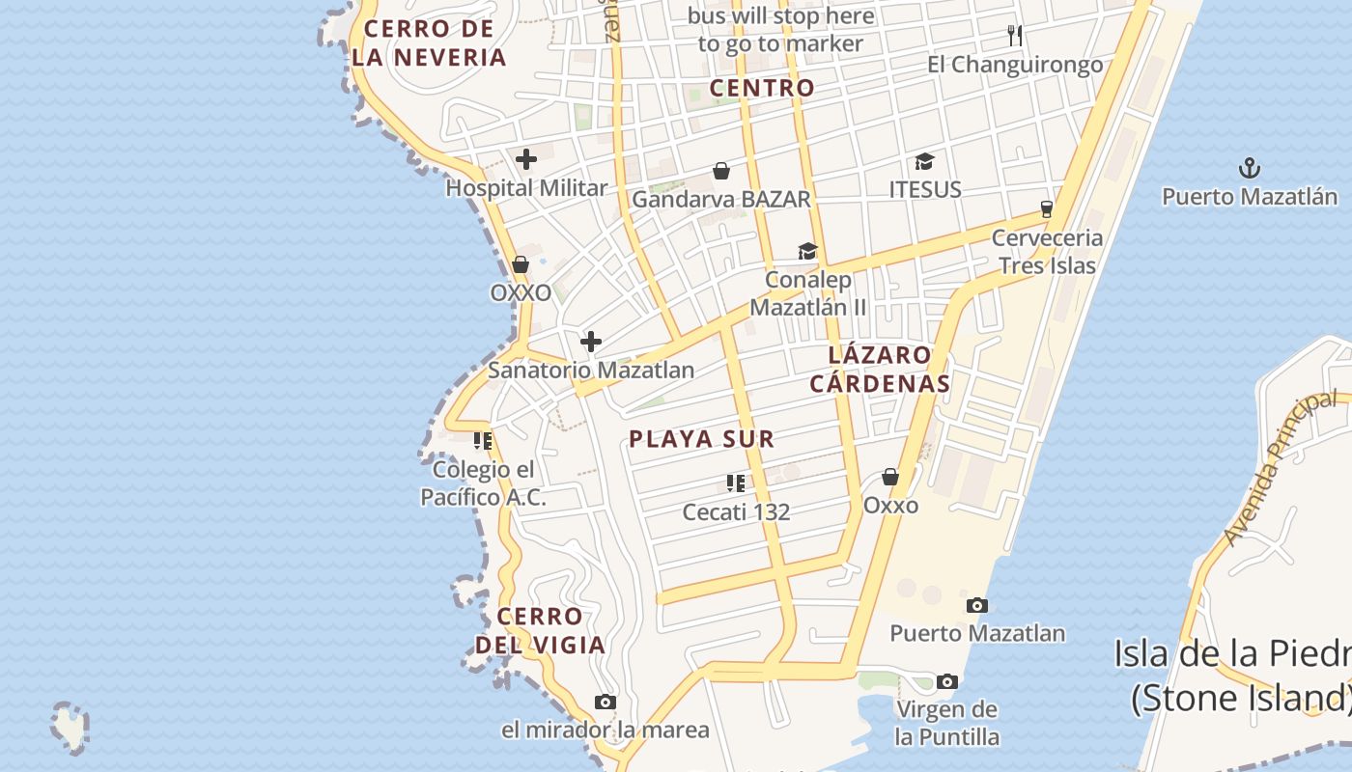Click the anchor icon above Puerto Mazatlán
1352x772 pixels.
point(1250,169)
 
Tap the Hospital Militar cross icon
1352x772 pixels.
point(526,159)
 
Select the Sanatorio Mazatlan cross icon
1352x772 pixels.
point(591,342)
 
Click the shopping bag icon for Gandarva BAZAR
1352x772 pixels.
point(721,172)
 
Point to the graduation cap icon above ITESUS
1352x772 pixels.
point(925,161)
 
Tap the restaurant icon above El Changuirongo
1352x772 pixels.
point(1014,36)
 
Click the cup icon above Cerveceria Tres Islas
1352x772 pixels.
point(1046,208)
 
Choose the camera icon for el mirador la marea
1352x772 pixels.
point(606,702)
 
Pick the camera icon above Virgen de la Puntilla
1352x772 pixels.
point(947,681)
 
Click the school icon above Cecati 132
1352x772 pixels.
point(736,482)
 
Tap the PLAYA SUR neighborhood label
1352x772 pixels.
point(702,439)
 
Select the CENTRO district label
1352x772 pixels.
point(762,88)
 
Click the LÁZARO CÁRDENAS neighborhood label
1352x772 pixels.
point(880,369)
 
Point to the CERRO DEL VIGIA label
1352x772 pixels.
point(540,630)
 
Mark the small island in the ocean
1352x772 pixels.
point(70,726)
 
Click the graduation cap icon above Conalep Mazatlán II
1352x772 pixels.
point(807,252)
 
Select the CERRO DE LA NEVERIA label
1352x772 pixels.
point(429,43)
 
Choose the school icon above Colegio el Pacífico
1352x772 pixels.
point(483,441)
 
